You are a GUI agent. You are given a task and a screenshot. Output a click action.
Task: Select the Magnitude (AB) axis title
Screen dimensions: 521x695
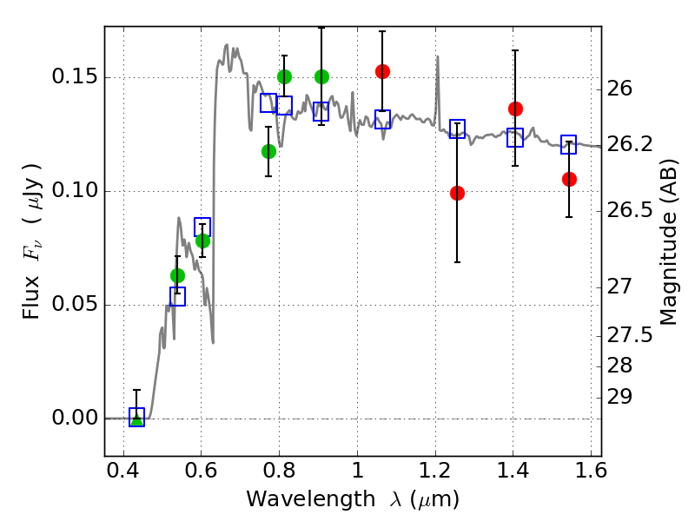(x=669, y=243)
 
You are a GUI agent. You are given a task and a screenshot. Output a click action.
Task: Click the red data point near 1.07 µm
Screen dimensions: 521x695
(x=382, y=71)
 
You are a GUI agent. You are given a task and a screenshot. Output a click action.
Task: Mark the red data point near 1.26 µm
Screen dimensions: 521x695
(x=457, y=193)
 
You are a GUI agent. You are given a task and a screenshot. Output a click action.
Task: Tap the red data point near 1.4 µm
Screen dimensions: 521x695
(x=515, y=109)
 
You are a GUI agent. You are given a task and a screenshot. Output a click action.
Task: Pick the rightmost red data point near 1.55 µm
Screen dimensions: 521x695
(x=569, y=179)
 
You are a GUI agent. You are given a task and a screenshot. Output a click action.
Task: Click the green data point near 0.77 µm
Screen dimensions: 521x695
(x=268, y=151)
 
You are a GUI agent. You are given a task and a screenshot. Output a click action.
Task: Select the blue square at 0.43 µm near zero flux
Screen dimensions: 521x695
(x=136, y=417)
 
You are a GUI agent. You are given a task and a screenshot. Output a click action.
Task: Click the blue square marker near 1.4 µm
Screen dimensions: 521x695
(x=515, y=137)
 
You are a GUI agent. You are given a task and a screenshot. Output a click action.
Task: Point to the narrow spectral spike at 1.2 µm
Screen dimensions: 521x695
(x=435, y=61)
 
